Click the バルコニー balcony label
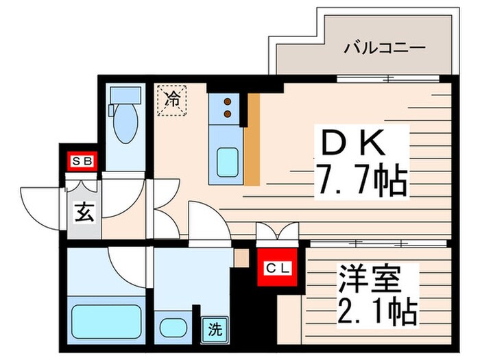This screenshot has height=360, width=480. click(375, 49)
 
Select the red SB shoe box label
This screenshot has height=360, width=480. click(81, 162)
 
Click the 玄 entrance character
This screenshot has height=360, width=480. click(84, 213)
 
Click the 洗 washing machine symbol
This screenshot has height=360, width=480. click(215, 329)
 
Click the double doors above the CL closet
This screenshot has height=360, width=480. click(277, 232)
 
